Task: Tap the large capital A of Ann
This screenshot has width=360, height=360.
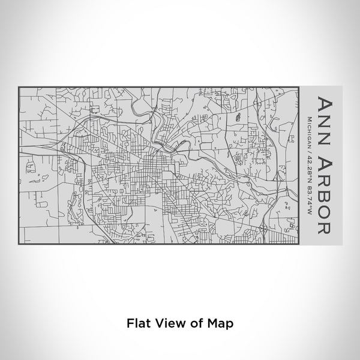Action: pos(322,101)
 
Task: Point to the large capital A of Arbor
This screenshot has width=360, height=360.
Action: pos(322,163)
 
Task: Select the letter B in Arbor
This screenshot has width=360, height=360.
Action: pos(322,197)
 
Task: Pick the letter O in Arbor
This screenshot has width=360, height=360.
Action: pos(322,214)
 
